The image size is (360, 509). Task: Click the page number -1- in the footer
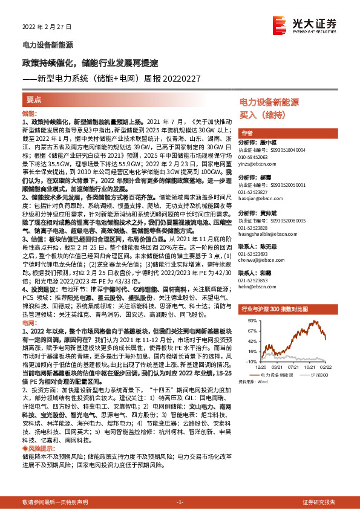point(180,502)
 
